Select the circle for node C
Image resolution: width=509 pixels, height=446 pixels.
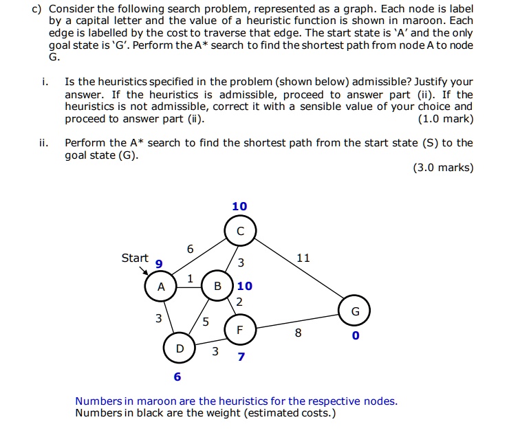click(240, 230)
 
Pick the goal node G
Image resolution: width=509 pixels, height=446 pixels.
click(355, 311)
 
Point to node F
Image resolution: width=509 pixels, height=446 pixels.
click(239, 330)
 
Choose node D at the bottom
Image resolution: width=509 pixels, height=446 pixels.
click(180, 348)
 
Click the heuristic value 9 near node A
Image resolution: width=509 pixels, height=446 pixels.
click(159, 264)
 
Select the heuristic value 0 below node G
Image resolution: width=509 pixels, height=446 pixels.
click(355, 337)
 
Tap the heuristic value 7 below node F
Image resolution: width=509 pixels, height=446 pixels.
click(241, 357)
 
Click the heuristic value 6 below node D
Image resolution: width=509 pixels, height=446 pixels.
click(177, 377)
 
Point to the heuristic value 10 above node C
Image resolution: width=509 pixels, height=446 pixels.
click(239, 206)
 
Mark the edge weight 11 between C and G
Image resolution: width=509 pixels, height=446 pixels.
click(303, 258)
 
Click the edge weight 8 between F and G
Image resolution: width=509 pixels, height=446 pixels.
click(297, 333)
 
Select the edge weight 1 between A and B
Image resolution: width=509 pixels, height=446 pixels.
click(190, 278)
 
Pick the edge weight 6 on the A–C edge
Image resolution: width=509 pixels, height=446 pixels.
click(190, 249)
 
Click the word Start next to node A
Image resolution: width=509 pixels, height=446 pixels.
click(135, 258)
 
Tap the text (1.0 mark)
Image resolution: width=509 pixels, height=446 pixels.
click(446, 119)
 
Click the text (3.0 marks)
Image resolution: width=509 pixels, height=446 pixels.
click(443, 167)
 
